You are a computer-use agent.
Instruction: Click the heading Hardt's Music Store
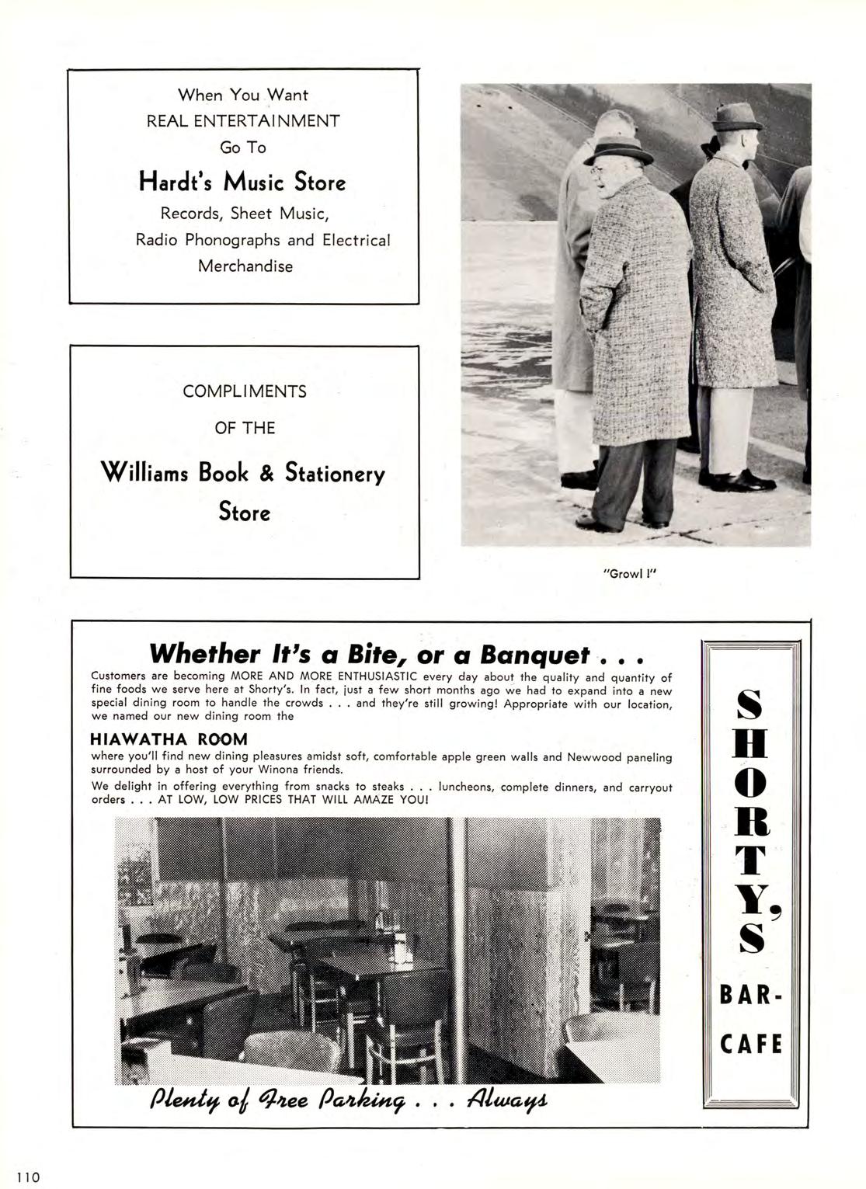click(x=242, y=182)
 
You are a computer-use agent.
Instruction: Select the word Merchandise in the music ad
click(x=245, y=266)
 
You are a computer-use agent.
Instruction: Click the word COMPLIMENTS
click(x=245, y=391)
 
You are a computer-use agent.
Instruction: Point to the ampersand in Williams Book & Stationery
click(x=266, y=471)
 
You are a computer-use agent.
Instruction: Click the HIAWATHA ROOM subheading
click(x=169, y=739)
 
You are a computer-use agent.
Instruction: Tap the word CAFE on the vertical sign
click(x=751, y=1043)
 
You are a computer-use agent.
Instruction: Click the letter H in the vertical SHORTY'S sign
click(x=751, y=746)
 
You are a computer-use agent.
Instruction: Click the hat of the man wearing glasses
click(x=619, y=150)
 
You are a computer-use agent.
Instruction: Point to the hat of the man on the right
click(x=737, y=116)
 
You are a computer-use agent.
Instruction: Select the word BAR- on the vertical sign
click(x=751, y=995)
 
